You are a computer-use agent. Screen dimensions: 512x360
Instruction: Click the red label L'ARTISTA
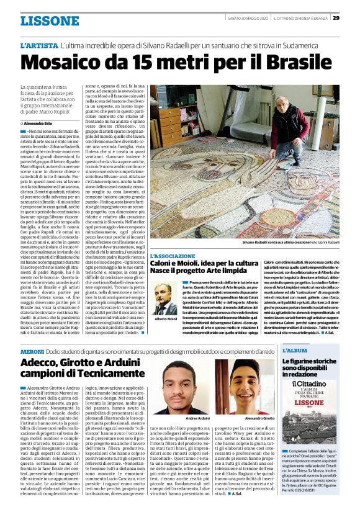pos(38,47)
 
